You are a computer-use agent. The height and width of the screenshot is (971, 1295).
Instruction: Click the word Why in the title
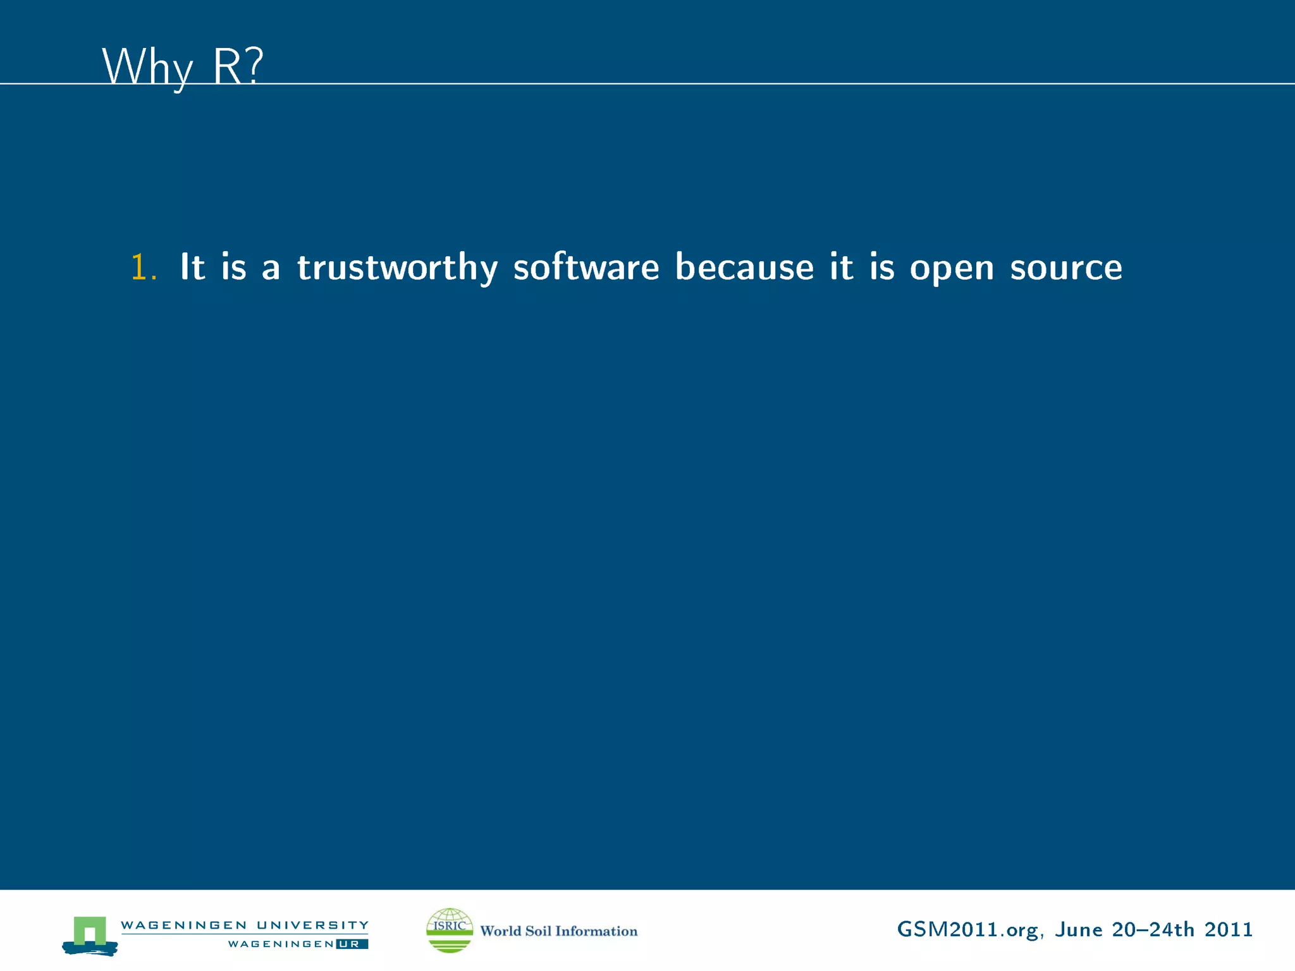pos(147,66)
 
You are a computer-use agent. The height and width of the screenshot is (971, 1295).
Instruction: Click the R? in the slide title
pos(237,66)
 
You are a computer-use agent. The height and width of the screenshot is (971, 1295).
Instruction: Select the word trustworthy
pos(398,267)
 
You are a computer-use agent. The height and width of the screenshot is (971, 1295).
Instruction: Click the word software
pos(586,267)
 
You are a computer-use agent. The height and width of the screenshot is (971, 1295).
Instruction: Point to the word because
pos(744,267)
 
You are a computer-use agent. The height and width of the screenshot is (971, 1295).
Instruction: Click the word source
pos(1066,268)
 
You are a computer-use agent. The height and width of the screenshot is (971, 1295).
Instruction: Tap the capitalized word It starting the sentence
pos(192,267)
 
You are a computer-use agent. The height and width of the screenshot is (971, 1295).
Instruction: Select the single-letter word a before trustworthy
pos(271,268)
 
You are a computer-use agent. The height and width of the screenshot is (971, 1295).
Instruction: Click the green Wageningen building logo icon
pos(90,934)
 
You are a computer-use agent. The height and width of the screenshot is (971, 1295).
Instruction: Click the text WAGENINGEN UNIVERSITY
pos(245,925)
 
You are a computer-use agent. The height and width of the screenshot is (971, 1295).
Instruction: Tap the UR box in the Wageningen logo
pos(352,944)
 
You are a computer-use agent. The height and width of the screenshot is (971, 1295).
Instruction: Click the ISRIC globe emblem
pos(450,930)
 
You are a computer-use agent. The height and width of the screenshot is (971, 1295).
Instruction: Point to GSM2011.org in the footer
pos(967,930)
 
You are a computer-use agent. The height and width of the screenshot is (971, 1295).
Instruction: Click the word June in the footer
pos(1078,930)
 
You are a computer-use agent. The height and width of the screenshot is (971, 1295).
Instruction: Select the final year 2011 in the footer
pos(1229,930)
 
